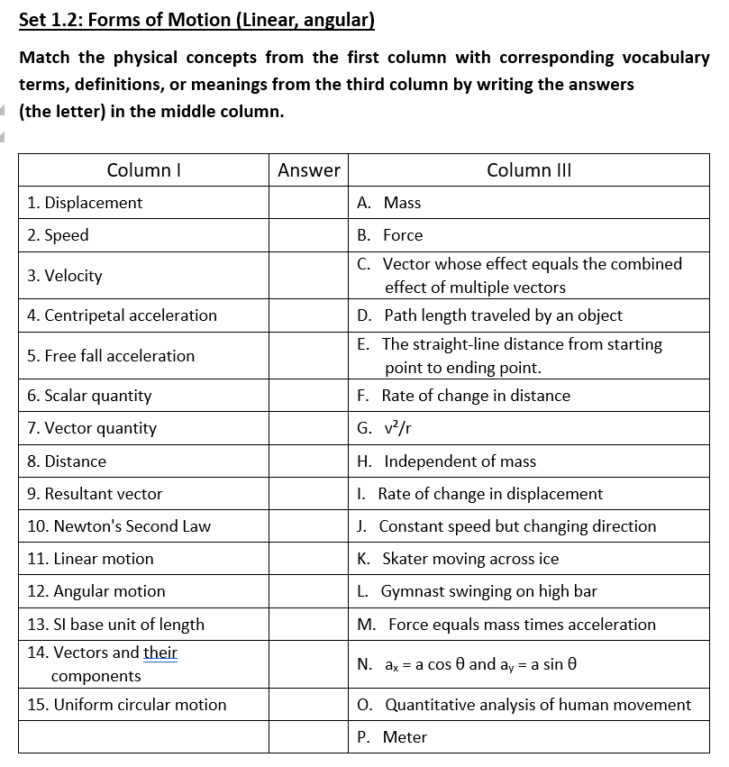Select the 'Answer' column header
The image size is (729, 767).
[x=308, y=169]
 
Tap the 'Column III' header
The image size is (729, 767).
[x=528, y=169]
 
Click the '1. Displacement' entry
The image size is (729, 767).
[x=85, y=203]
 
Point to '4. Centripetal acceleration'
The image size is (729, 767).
[x=122, y=315]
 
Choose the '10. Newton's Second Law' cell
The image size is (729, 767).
[x=119, y=526]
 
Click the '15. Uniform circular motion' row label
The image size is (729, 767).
[x=127, y=705]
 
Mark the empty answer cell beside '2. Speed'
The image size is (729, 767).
[x=308, y=235]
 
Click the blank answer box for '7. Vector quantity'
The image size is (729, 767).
[x=308, y=428]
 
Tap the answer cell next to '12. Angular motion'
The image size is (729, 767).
[x=308, y=591]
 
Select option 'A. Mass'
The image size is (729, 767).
[x=389, y=203]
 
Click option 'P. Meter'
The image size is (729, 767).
[x=392, y=737]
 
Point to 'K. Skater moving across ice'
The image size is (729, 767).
[x=458, y=559]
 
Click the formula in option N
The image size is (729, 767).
[x=478, y=665]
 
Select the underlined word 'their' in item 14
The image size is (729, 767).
[x=160, y=653]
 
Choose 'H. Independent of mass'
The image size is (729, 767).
[x=446, y=461]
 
